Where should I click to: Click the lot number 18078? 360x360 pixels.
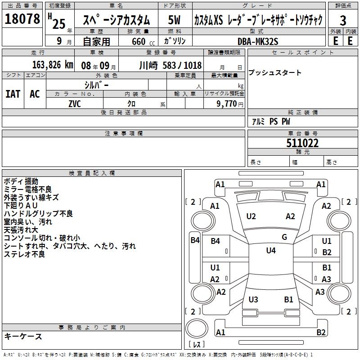pos(22,19)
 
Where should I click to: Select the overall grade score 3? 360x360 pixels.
pos(343,20)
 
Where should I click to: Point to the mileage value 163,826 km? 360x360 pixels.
pos(53,65)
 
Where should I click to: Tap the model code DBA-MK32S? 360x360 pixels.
pos(258,41)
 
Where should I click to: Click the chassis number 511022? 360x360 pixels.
pos(302,143)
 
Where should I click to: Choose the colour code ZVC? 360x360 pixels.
pos(75,104)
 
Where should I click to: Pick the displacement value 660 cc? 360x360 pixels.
pos(143,41)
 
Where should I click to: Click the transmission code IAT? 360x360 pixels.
pos(13,94)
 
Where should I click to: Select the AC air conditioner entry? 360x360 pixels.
pos(35,94)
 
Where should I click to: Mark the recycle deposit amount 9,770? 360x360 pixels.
pos(227,104)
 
